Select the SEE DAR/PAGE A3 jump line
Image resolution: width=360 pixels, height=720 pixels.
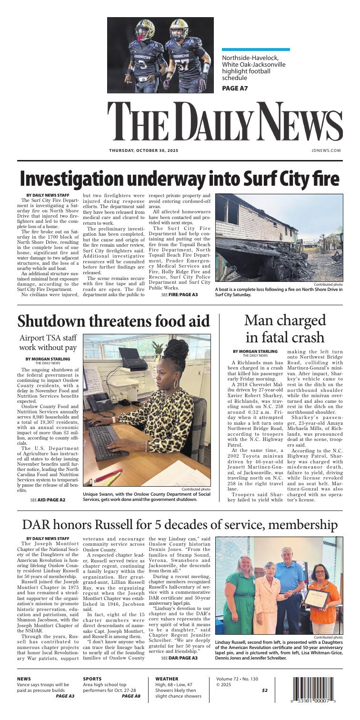coord(180,644)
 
